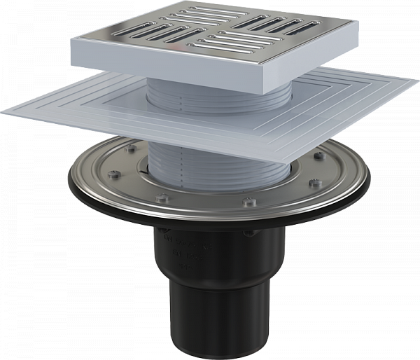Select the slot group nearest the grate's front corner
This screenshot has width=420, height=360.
tap(238, 53)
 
